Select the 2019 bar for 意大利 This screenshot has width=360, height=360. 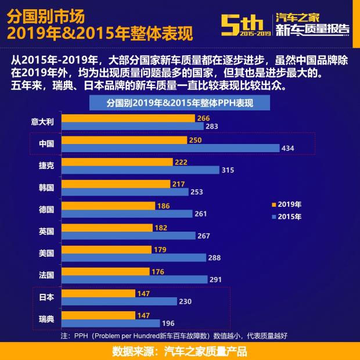[128, 118]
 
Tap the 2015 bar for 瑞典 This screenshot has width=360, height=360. [110, 323]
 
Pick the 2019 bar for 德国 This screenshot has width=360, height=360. [108, 206]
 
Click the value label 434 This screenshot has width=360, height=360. [288, 149]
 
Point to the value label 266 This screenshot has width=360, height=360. [203, 118]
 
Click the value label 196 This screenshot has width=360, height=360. [168, 323]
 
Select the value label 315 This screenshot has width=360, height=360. [228, 170]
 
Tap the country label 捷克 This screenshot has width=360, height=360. [46, 165]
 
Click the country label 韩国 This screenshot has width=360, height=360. [46, 188]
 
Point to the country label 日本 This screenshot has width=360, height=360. [46, 297]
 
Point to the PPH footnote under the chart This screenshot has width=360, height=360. [174, 336]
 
